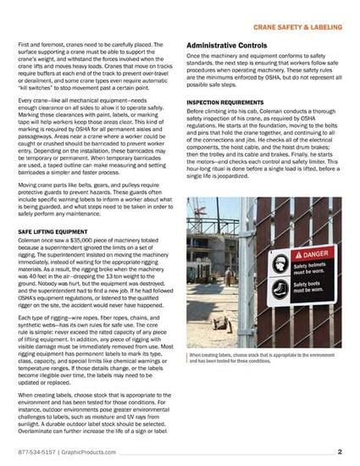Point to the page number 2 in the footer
click(339, 452)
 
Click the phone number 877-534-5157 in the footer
click(36, 453)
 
